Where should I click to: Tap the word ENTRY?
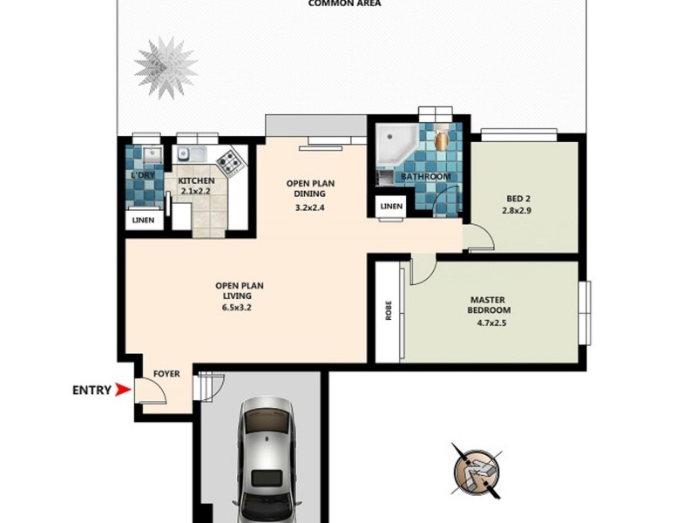91,391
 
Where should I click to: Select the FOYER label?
166,374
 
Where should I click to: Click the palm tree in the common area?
166,67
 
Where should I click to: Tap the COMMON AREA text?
344,3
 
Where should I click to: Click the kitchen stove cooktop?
230,161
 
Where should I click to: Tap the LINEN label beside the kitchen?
144,221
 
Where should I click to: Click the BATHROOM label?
425,177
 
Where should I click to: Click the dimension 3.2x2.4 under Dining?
311,208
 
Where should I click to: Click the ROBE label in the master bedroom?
389,310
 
